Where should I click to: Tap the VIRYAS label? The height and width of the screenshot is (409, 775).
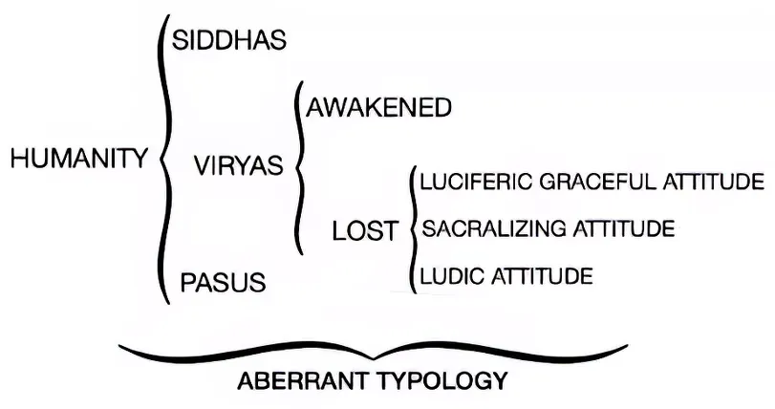[x=238, y=165]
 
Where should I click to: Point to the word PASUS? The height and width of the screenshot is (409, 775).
[x=224, y=283]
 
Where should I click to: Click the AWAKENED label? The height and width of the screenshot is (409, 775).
[x=378, y=108]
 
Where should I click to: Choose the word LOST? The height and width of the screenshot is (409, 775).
[x=364, y=231]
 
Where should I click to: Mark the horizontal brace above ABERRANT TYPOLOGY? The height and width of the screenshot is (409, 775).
[x=373, y=351]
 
